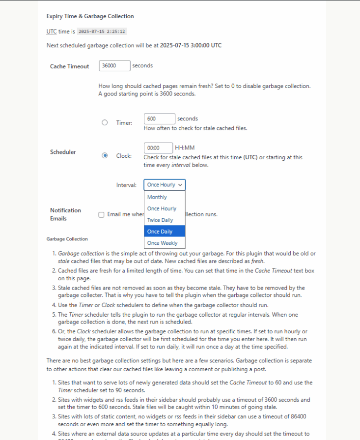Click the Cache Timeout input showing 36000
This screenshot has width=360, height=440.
coord(114,66)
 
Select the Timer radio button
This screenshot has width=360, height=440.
coord(105,123)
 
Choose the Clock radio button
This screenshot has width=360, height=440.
coord(105,156)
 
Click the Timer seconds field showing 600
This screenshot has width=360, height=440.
coord(160,119)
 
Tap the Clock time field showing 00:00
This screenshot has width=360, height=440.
coord(158,148)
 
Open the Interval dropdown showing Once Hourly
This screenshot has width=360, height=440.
coord(165,185)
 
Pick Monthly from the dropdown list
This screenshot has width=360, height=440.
coord(157,197)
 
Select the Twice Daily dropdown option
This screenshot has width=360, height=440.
coord(160,220)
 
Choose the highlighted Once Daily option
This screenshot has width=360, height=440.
coord(160,232)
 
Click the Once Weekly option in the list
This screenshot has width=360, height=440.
coord(162,243)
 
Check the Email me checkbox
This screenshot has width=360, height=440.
coord(101,215)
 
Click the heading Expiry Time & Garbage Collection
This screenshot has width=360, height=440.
coord(90,16)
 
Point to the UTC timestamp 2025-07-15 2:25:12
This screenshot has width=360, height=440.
coord(102,32)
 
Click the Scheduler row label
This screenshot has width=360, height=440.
coord(63,152)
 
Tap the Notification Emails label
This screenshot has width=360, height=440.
coord(65,214)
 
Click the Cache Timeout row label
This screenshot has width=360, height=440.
coord(69,67)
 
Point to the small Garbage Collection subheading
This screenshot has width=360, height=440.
coord(67,239)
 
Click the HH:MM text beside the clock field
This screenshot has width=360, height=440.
coord(185,147)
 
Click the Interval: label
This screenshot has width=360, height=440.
coord(126,185)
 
